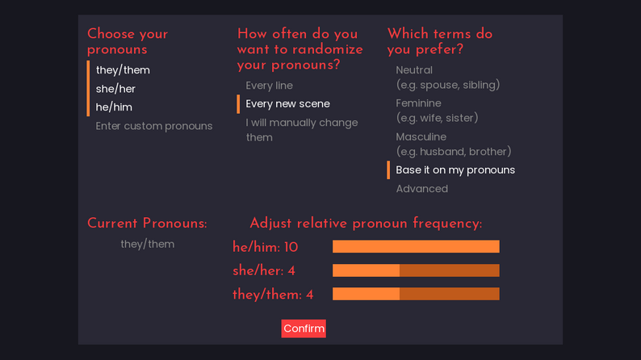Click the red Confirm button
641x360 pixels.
pyautogui.click(x=304, y=329)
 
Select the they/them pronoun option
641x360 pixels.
pyautogui.click(x=123, y=70)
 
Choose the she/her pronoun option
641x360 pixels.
pyautogui.click(x=115, y=89)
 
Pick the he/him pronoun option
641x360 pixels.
pyautogui.click(x=114, y=107)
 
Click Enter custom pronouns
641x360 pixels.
pyautogui.click(x=154, y=126)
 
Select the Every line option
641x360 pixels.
pyautogui.click(x=269, y=86)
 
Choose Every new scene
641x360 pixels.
pyautogui.click(x=287, y=104)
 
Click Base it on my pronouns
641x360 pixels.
pyautogui.click(x=455, y=170)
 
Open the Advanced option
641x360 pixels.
pyautogui.click(x=421, y=189)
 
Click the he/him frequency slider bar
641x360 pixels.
pyautogui.click(x=416, y=247)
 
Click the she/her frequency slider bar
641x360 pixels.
pyautogui.click(x=416, y=270)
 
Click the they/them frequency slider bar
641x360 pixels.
pyautogui.click(x=416, y=294)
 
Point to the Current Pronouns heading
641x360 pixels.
pyautogui.click(x=147, y=224)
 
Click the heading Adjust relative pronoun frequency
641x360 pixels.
pyautogui.click(x=366, y=224)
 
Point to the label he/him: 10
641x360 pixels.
pyautogui.click(x=266, y=247)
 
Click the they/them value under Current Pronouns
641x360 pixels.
pyautogui.click(x=147, y=244)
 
